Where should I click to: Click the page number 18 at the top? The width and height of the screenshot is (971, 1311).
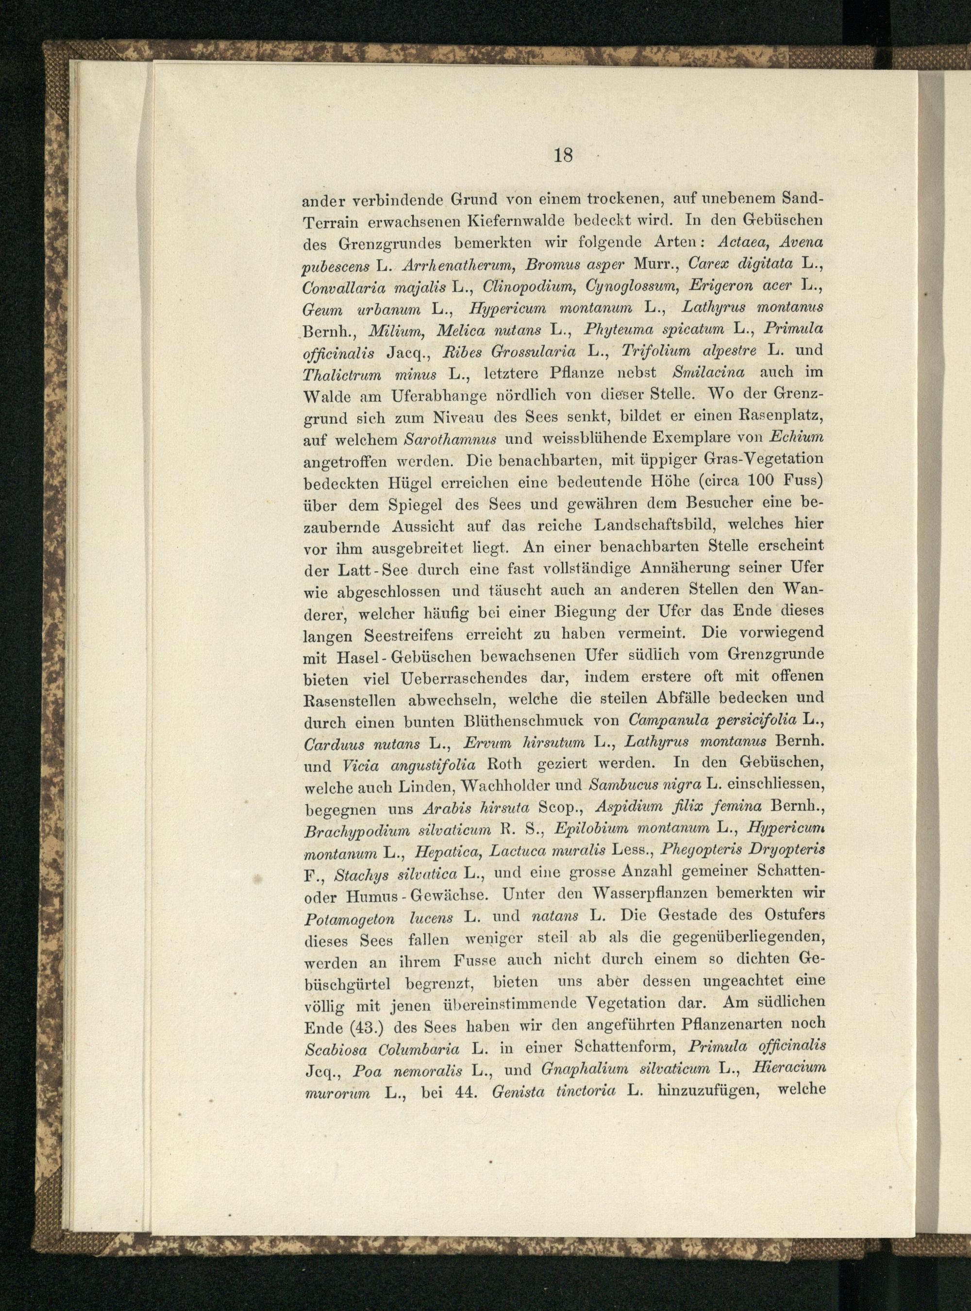(x=563, y=156)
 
